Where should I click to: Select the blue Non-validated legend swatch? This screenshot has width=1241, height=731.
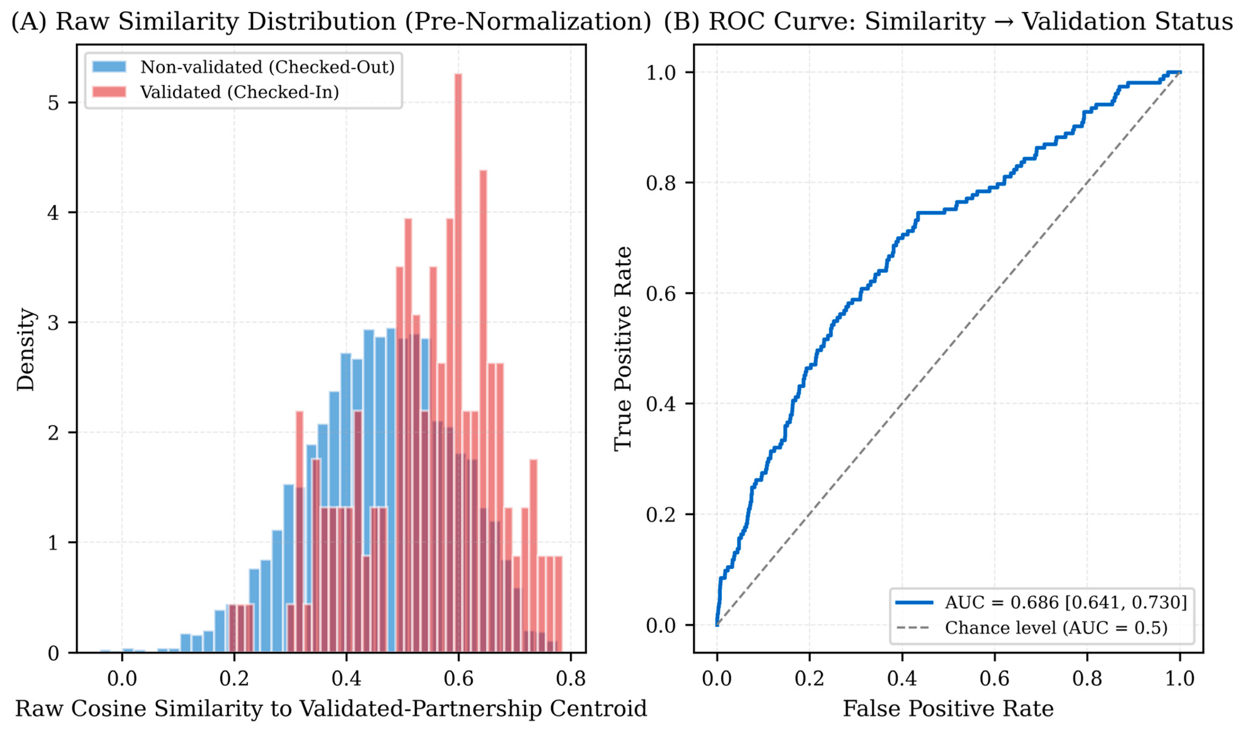pyautogui.click(x=109, y=67)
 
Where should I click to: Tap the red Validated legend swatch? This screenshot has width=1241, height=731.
pyautogui.click(x=109, y=92)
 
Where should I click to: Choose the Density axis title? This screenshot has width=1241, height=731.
pyautogui.click(x=26, y=349)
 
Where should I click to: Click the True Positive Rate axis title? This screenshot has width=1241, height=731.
pyautogui.click(x=623, y=349)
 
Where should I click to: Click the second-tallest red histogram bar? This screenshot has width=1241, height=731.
pyautogui.click(x=483, y=411)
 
